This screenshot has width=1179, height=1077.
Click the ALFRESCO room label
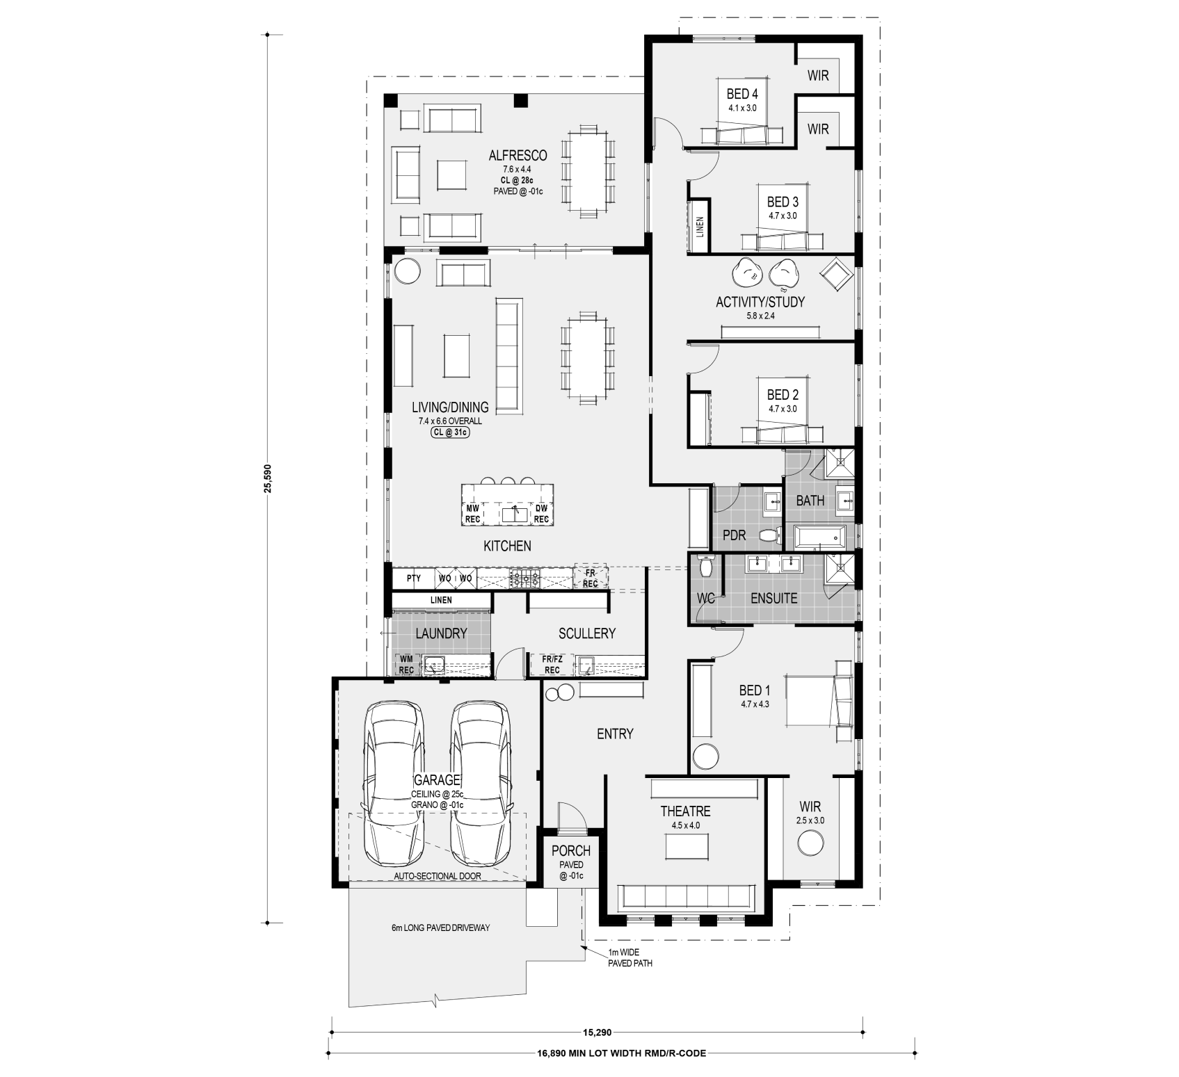[x=517, y=156]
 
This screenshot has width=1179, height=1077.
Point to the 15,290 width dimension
[x=596, y=1033]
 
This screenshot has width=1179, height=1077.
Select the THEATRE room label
[x=685, y=811]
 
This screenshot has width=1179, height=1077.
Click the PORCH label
[x=571, y=850]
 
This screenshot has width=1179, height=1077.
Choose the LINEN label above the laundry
[x=441, y=600]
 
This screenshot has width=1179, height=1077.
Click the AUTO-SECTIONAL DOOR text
[x=437, y=876]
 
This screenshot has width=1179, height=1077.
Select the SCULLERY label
[x=587, y=633]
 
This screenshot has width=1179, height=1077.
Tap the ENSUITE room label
[x=773, y=598]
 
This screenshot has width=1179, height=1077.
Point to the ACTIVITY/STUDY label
[x=760, y=302]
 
